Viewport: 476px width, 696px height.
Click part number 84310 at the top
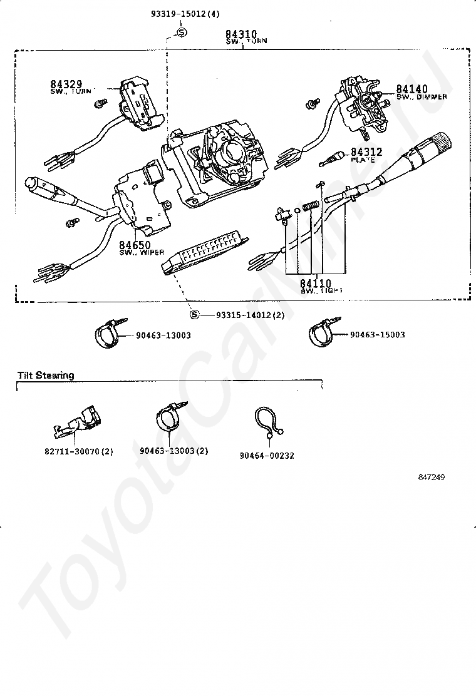[x=242, y=34]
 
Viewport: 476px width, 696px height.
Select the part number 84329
[x=66, y=84]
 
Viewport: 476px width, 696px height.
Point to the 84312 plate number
[x=366, y=151]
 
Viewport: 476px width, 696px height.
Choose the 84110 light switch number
[x=316, y=283]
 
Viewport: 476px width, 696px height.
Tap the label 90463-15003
[x=378, y=335]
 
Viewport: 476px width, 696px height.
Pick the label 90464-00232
[x=267, y=456]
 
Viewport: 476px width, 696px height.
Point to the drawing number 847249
[x=432, y=478]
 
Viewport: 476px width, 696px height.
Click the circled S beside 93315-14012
[x=194, y=315]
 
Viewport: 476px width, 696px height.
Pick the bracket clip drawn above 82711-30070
[x=77, y=423]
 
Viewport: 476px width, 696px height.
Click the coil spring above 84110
[x=308, y=206]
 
